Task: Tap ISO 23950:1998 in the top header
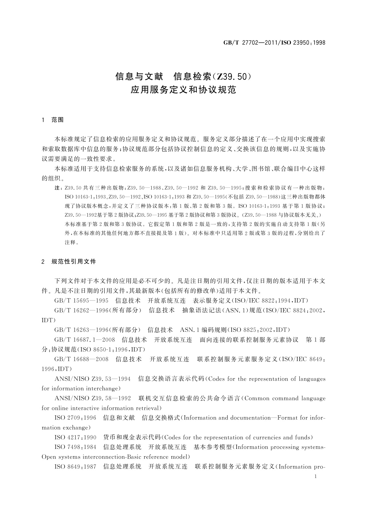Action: click(x=304, y=43)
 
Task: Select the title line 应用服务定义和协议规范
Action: click(x=183, y=90)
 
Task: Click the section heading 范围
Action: click(x=58, y=120)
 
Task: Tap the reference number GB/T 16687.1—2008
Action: click(x=85, y=340)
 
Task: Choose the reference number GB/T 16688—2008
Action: click(x=81, y=359)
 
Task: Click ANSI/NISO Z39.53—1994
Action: click(x=93, y=379)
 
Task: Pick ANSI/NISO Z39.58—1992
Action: click(x=93, y=398)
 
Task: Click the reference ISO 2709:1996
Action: click(x=75, y=418)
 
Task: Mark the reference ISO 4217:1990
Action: click(x=75, y=437)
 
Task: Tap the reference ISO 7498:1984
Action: click(x=75, y=447)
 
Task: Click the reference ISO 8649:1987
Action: click(x=75, y=467)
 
